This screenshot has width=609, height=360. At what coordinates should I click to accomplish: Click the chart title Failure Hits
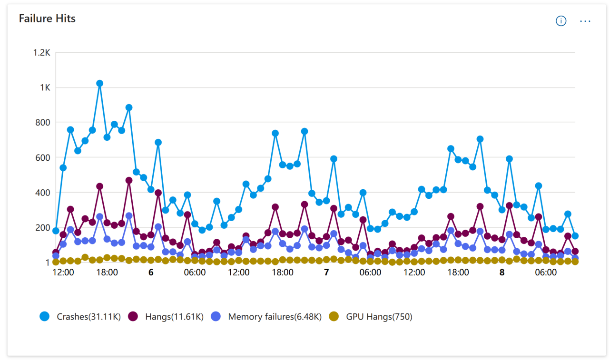click(47, 19)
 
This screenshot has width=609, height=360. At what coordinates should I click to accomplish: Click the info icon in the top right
click(561, 21)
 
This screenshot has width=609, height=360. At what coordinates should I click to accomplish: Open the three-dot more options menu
click(585, 21)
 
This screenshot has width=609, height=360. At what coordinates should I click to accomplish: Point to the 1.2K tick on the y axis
click(41, 52)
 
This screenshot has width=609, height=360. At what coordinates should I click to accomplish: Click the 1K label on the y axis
click(44, 88)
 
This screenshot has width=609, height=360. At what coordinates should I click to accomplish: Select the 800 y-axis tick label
click(43, 123)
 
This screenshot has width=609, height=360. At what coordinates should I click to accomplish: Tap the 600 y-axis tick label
click(43, 157)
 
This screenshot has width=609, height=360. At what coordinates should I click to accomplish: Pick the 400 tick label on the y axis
click(43, 193)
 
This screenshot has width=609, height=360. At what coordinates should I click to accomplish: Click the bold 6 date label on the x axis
click(151, 273)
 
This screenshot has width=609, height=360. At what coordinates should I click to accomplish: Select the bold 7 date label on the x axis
click(326, 273)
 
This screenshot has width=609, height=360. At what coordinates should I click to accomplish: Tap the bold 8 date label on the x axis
click(502, 273)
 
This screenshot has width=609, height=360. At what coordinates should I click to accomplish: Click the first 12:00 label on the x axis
click(63, 273)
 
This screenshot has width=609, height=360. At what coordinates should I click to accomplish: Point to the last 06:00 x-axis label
click(546, 273)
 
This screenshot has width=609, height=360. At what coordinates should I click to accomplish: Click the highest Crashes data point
click(99, 83)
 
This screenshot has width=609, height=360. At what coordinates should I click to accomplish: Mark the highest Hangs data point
click(129, 180)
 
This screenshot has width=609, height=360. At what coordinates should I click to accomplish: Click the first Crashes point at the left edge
click(56, 231)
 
